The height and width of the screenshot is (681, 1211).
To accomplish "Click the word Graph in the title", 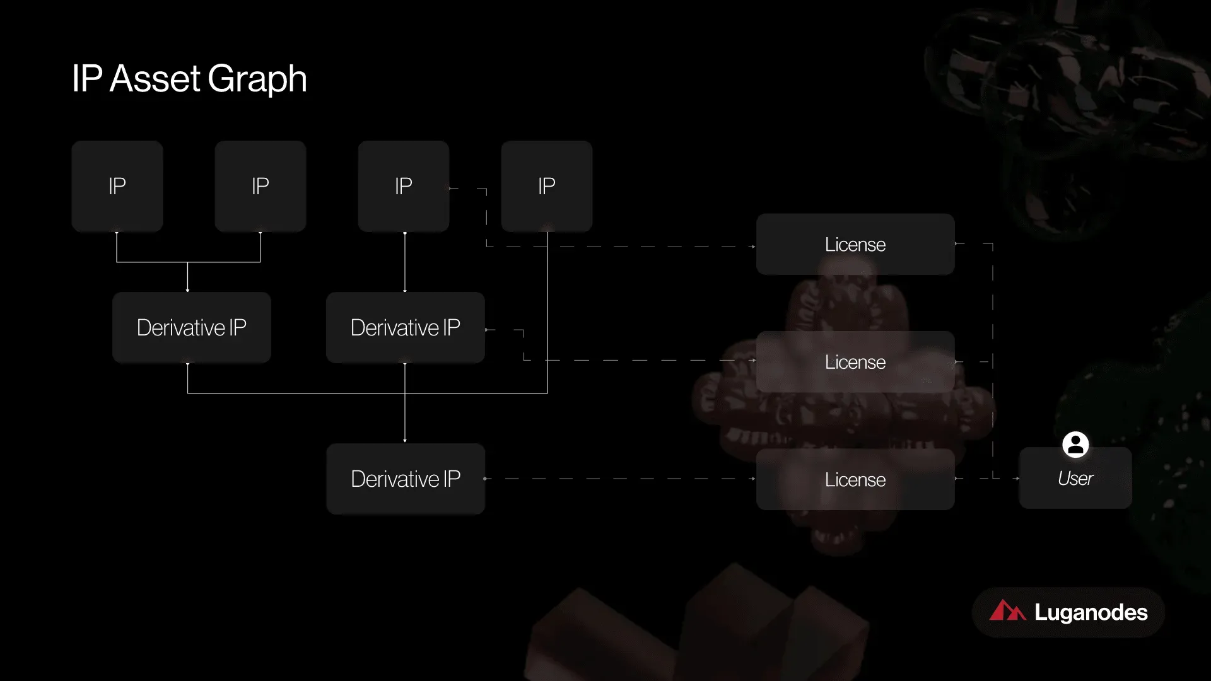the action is click(257, 80).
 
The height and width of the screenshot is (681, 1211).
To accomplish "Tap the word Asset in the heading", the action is click(155, 79).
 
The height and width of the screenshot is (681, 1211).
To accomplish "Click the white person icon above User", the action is click(1075, 445).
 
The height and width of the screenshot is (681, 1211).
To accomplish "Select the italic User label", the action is click(1075, 479).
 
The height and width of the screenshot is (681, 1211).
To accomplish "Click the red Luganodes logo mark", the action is click(1007, 610).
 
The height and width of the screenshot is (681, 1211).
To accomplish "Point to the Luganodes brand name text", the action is click(1091, 612).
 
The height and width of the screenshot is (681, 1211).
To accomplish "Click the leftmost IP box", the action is click(117, 186).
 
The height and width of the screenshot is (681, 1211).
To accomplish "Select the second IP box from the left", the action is click(260, 186).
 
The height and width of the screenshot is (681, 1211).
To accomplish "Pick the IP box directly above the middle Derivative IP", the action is click(404, 186).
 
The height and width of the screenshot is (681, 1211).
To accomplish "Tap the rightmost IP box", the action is click(547, 186).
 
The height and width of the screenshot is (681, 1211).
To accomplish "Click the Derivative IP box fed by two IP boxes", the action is click(192, 327).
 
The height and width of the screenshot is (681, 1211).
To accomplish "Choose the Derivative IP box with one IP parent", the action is click(406, 327).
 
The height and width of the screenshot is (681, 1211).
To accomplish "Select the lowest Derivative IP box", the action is click(406, 479).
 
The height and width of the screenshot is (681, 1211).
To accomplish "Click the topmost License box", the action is click(855, 244).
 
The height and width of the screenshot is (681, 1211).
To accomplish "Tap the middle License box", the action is click(855, 362).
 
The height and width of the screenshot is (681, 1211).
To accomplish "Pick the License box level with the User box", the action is click(855, 479).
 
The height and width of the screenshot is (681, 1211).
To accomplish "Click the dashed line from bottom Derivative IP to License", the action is click(620, 479).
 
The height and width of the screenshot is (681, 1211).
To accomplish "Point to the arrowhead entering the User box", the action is click(1017, 479).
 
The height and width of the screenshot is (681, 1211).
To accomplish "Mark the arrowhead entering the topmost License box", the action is click(753, 247).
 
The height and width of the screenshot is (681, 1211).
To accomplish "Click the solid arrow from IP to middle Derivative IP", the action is click(405, 262).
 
